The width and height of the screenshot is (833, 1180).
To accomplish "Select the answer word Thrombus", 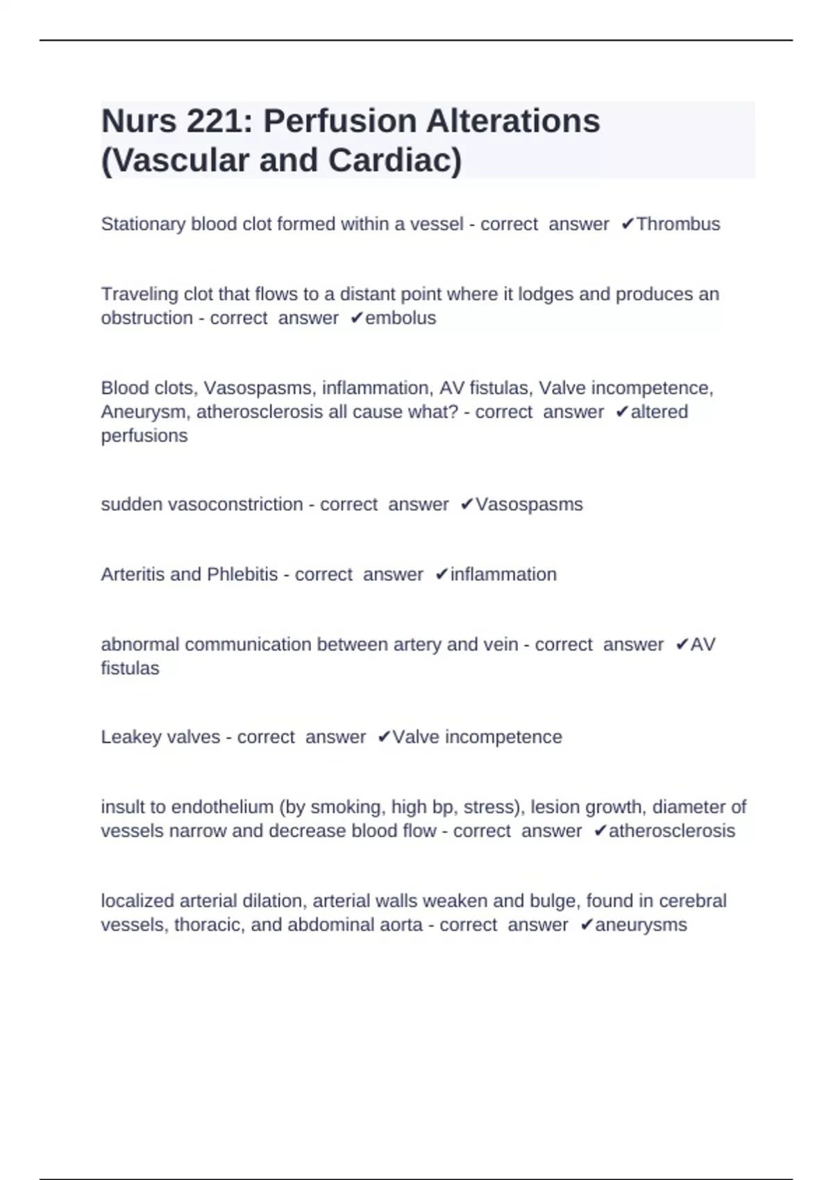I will coord(678,224).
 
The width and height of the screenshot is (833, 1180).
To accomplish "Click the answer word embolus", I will coord(401,318).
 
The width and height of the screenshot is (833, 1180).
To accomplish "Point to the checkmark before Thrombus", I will coord(627,224).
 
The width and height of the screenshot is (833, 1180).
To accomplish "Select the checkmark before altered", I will coord(621,412).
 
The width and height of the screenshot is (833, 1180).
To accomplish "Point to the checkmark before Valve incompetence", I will coord(384,736).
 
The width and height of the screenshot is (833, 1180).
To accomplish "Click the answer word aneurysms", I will coord(641,925).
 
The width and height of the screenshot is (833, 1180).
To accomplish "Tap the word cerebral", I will coord(693,901).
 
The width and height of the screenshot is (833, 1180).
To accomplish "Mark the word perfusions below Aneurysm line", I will coord(144,435).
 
